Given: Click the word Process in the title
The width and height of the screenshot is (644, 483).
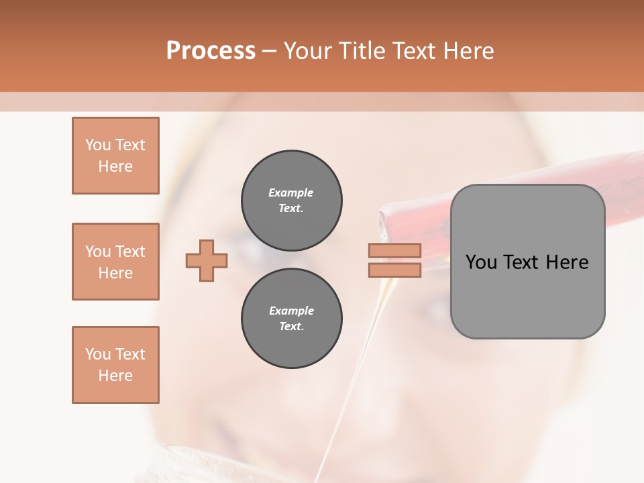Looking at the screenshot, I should pyautogui.click(x=211, y=51).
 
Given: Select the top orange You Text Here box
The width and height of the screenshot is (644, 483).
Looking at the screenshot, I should pyautogui.click(x=115, y=156).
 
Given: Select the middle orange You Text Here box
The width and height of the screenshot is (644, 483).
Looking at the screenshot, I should pyautogui.click(x=115, y=262).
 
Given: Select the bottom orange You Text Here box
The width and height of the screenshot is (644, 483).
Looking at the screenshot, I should pyautogui.click(x=115, y=365).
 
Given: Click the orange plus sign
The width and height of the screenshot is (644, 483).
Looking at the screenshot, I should pyautogui.click(x=207, y=261).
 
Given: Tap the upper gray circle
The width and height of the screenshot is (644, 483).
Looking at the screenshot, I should pyautogui.click(x=291, y=201).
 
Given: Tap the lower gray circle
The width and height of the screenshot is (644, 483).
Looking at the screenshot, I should pyautogui.click(x=291, y=319).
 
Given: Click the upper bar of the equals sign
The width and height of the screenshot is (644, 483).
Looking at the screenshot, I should pyautogui.click(x=394, y=251).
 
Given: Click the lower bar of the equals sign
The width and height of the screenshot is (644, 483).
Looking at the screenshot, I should pyautogui.click(x=394, y=270).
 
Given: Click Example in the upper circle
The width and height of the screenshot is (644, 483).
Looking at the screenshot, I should pyautogui.click(x=290, y=193).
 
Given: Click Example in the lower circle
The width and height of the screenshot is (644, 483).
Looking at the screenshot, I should pyautogui.click(x=291, y=311).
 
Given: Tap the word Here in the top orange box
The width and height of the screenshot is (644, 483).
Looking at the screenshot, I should pyautogui.click(x=115, y=166).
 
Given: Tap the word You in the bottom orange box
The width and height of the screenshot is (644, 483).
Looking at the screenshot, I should pyautogui.click(x=97, y=354).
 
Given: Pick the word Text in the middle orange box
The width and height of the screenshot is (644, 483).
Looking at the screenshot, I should pyautogui.click(x=130, y=252).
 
